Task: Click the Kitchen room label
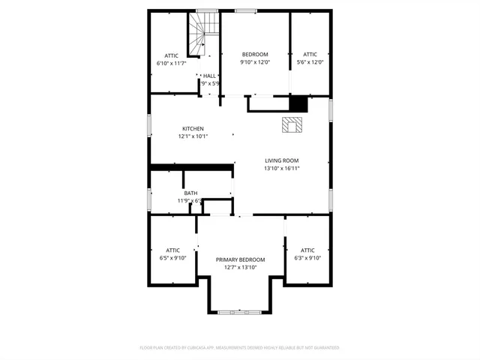pos(193,128)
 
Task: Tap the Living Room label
pos(281,160)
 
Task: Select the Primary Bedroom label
pos(240,259)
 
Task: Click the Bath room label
pos(191,193)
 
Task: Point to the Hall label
pos(209,76)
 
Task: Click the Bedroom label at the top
pos(255,54)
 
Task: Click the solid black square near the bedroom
pos(298,103)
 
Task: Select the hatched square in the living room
pos(291,124)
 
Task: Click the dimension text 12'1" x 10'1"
pos(193,136)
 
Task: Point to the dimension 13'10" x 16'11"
pos(281,169)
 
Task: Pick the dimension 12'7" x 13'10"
pos(240,268)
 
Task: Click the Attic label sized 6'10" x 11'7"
pos(172,55)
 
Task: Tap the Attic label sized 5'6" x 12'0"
pos(310,54)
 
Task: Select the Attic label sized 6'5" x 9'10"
pos(172,250)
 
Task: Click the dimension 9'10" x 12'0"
pos(255,62)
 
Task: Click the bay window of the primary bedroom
pos(240,310)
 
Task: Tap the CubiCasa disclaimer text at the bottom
pos(240,348)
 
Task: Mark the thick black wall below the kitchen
pos(191,166)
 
